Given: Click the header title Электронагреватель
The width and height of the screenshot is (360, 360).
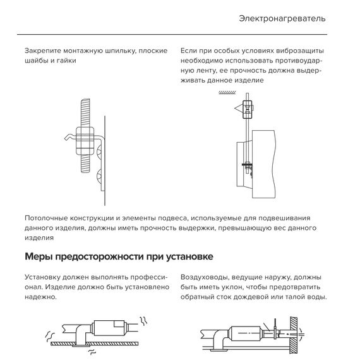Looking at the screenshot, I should pyautogui.click(x=282, y=18).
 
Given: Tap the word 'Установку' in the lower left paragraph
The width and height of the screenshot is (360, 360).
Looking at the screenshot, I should pyautogui.click(x=46, y=277).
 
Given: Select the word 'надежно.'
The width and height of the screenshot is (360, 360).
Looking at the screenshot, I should pyautogui.click(x=41, y=297).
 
